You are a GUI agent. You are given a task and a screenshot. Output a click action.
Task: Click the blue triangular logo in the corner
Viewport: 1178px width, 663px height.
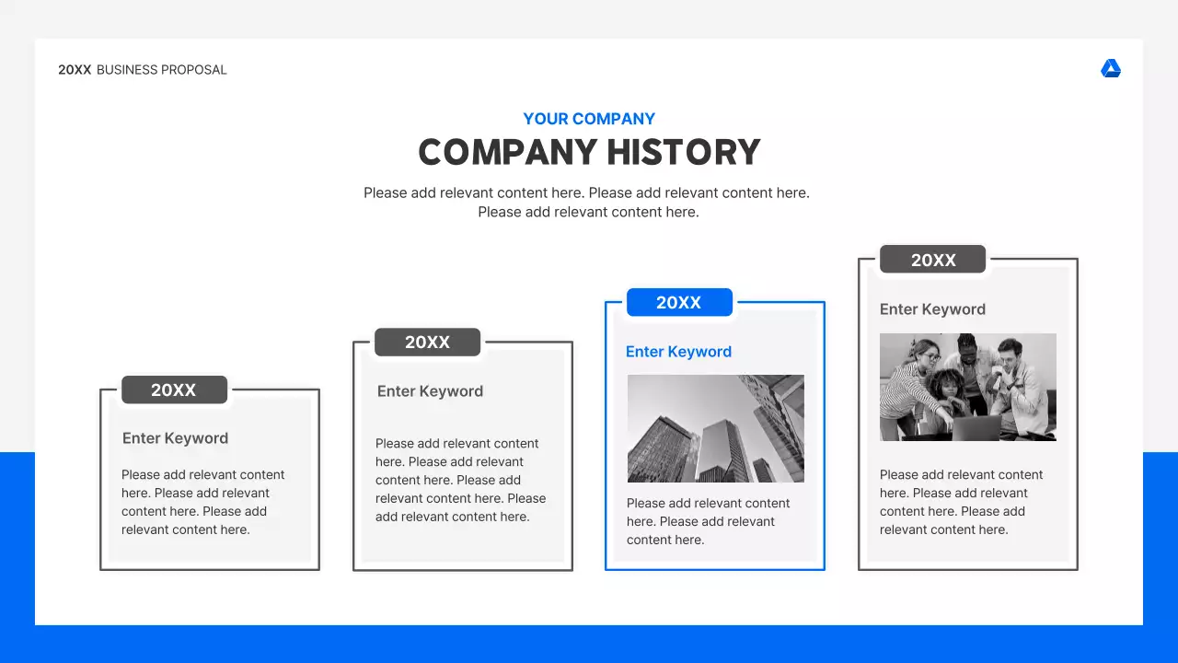click(1111, 69)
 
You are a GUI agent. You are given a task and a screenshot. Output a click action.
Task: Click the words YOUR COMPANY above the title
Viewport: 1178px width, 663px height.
click(589, 119)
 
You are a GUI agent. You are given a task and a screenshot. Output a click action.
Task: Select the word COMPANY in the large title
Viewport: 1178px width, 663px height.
click(494, 152)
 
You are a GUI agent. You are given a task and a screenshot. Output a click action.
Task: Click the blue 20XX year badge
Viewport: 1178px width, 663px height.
click(679, 302)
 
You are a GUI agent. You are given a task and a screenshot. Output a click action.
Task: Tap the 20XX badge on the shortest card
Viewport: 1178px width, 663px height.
click(174, 390)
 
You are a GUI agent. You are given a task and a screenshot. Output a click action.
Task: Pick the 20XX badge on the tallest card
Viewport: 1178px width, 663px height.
click(932, 260)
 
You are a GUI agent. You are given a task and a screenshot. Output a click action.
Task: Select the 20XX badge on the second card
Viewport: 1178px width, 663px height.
click(427, 343)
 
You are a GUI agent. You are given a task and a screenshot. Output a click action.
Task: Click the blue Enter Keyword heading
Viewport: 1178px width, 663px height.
click(678, 352)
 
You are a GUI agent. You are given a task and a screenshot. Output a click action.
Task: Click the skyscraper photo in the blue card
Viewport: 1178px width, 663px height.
click(715, 428)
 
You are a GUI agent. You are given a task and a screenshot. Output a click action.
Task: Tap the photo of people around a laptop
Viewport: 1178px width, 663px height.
click(967, 387)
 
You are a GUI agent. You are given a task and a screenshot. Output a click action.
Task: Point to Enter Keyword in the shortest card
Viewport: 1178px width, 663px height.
click(175, 438)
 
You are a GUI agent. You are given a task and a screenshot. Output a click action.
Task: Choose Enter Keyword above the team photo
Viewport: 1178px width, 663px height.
click(932, 309)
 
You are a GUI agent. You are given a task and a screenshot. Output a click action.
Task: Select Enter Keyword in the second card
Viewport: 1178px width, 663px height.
click(430, 391)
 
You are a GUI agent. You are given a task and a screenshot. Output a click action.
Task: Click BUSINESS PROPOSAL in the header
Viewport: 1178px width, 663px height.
click(161, 70)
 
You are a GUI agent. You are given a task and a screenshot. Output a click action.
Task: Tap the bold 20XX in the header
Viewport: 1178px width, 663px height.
click(75, 70)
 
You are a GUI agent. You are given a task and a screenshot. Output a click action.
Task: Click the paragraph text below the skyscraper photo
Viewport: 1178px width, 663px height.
click(708, 521)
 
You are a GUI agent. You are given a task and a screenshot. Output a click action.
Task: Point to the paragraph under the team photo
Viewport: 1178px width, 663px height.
click(961, 502)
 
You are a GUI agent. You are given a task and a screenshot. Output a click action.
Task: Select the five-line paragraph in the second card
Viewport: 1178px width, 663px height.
click(460, 480)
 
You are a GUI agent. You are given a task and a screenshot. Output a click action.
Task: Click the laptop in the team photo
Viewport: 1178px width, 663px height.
click(976, 427)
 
